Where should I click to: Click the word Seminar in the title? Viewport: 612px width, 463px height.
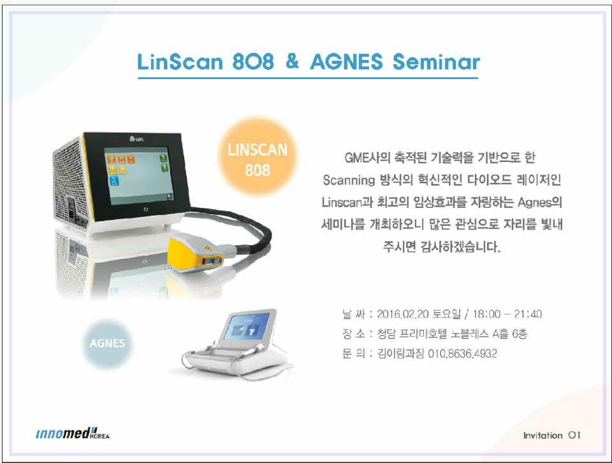tap(436, 62)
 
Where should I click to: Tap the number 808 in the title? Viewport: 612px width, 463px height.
tap(253, 62)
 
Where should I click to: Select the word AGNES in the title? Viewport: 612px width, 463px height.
tap(347, 62)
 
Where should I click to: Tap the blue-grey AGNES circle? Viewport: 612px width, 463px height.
tap(107, 343)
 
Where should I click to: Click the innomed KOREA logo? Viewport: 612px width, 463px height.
tap(73, 433)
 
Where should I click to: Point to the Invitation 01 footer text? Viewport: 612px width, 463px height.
tap(552, 436)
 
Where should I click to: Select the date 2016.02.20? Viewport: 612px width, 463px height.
tap(403, 314)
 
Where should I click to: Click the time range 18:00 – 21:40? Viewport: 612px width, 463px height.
tap(507, 314)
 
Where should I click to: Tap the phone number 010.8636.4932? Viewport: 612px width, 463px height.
tap(463, 354)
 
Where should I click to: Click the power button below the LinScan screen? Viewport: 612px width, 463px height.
tap(145, 210)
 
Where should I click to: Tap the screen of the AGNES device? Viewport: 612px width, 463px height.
tap(247, 327)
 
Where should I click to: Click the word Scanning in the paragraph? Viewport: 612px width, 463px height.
tap(349, 180)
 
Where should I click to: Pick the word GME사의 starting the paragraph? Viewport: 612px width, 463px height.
tap(367, 158)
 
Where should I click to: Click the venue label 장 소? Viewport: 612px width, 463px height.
tap(354, 334)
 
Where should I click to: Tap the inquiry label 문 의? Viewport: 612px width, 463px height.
tap(354, 354)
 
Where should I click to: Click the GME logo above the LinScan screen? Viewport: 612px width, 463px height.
tap(136, 138)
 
